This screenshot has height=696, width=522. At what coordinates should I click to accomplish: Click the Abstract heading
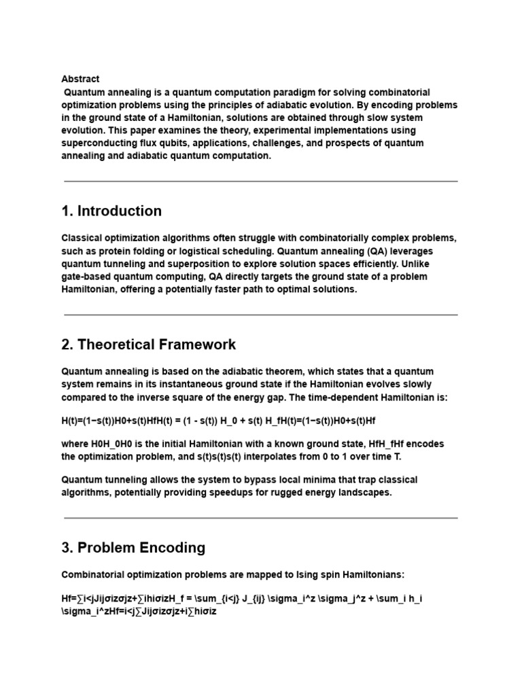[80, 79]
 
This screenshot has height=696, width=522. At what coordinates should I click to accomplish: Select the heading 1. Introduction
[111, 211]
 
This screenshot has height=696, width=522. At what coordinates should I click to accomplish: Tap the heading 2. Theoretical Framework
[149, 345]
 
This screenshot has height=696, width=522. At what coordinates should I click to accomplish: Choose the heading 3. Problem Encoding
[133, 548]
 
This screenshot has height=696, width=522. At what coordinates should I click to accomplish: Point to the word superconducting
[103, 143]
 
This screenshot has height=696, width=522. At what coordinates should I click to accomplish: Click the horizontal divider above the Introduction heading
[260, 181]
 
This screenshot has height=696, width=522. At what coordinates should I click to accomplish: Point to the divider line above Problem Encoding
[260, 518]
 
